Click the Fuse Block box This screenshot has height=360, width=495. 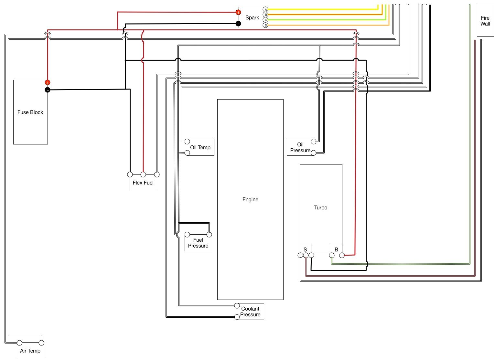pos(30,112)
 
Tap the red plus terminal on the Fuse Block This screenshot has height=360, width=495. pos(48,83)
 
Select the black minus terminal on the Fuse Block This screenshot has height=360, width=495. pos(48,90)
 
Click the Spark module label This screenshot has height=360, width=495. pos(252,18)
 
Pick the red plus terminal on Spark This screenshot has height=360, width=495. pos(238,12)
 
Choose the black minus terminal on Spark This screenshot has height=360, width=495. pos(238,24)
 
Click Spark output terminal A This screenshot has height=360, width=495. pos(266,9)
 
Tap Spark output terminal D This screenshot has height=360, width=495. pos(266,25)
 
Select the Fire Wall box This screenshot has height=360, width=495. pos(485,21)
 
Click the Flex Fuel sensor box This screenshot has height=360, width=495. pos(143,183)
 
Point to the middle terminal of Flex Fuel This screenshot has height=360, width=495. pos(143,175)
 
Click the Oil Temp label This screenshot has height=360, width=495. pos(200,148)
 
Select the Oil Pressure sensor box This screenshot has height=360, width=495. pos(300,147)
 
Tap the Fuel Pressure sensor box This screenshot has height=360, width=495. pos(198,243)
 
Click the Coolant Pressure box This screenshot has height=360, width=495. pos(250,312)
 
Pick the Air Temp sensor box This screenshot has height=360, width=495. pos(30,351)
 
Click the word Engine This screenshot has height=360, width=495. pos(250,199)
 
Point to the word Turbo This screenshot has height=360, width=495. pos(321,207)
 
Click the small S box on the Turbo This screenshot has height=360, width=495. pos(305,249)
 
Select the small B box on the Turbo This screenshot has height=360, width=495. pos(336,249)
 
